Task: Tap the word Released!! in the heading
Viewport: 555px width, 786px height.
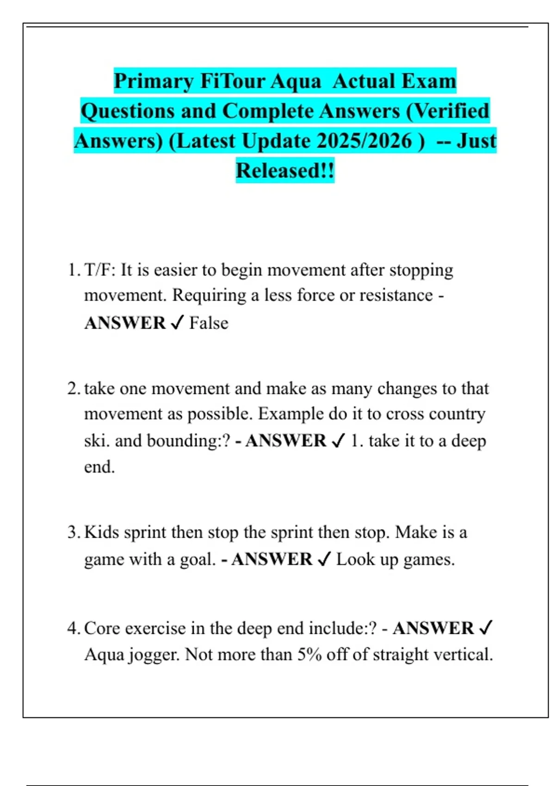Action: point(285,171)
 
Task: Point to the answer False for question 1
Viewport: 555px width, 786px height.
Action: point(209,323)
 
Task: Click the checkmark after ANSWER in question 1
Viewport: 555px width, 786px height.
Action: point(177,323)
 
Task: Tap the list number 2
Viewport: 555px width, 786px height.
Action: point(73,389)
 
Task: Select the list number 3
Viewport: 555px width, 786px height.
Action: point(73,533)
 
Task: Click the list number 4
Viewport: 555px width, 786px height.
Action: point(73,629)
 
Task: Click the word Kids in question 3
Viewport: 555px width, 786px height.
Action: point(102,533)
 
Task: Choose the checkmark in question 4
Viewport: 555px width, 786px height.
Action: point(486,628)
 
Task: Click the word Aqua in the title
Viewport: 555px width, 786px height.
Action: point(295,81)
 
